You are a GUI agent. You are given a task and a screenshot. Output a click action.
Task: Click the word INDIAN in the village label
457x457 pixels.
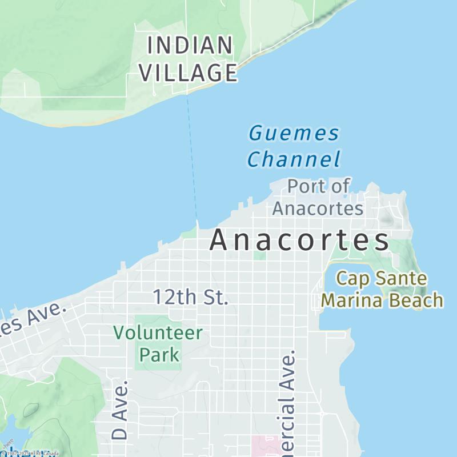coord(190,46)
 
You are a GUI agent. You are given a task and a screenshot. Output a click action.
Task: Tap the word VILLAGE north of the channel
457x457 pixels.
coord(189,73)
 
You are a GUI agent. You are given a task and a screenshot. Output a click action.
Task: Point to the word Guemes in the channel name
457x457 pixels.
coord(294,134)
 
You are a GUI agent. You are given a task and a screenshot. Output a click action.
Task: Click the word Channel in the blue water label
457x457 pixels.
coord(294,159)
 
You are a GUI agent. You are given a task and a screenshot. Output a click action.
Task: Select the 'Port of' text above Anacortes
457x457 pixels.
coord(318,186)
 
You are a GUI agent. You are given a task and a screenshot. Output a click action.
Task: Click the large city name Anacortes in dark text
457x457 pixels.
coord(299,241)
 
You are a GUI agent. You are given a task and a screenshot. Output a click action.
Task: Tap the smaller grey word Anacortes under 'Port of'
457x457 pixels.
coord(318,209)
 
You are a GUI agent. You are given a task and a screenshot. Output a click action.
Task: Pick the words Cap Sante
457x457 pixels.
coord(381,279)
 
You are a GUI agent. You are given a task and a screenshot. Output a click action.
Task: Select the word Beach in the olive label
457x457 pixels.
coord(420,300)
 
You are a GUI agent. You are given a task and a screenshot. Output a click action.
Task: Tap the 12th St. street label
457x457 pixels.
coord(190,297)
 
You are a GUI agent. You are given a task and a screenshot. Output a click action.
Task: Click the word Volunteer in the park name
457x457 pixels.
coord(158,332)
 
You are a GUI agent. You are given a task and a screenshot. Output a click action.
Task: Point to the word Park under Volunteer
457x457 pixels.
coord(159,355)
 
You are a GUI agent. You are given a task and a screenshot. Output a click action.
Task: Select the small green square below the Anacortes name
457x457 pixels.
coord(260,256)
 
